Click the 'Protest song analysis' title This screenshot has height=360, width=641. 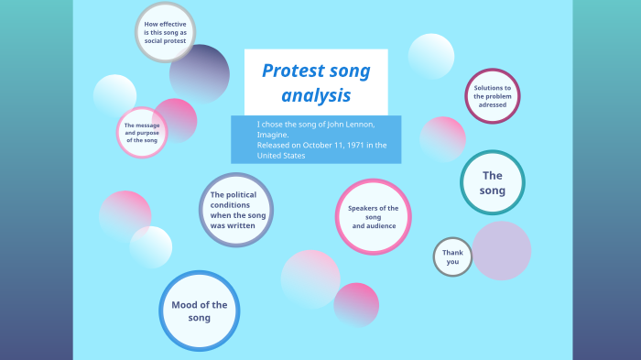pyautogui.click(x=316, y=82)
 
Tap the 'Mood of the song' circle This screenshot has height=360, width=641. pyautogui.click(x=200, y=311)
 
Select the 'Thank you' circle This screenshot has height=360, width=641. pyautogui.click(x=452, y=256)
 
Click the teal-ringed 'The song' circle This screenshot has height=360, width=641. pyautogui.click(x=493, y=182)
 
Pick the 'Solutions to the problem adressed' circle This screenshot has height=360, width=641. pyautogui.click(x=493, y=95)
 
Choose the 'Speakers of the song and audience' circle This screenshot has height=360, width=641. pyautogui.click(x=373, y=216)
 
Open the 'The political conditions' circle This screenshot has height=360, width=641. pyautogui.click(x=237, y=210)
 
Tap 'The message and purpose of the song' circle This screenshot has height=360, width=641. pyautogui.click(x=141, y=133)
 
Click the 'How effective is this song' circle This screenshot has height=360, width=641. pyautogui.click(x=165, y=33)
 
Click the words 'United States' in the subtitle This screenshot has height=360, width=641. pyautogui.click(x=281, y=156)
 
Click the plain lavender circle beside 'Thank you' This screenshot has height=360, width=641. pyautogui.click(x=502, y=250)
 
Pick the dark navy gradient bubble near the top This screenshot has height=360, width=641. pyautogui.click(x=200, y=73)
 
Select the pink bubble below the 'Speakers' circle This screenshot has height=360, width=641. pyautogui.click(x=356, y=304)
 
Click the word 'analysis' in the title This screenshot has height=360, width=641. pyautogui.click(x=316, y=95)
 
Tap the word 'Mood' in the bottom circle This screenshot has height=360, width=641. pyautogui.click(x=185, y=304)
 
